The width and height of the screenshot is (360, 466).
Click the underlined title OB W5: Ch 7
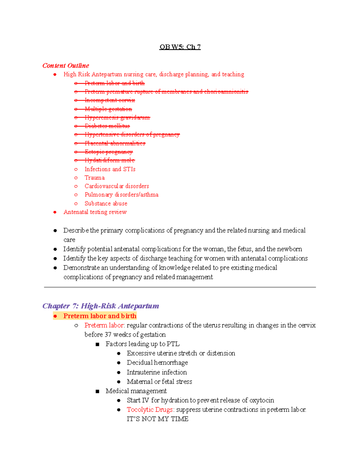point(180,47)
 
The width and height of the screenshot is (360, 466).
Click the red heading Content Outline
point(66,65)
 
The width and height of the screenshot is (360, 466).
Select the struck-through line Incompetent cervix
point(109,100)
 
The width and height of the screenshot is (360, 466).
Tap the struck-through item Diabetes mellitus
point(107,126)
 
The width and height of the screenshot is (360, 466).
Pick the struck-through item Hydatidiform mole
point(109,161)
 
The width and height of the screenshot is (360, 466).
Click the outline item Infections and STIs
point(110,169)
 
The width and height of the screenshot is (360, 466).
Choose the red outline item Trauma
point(94,178)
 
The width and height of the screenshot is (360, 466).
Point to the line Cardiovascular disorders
point(117,186)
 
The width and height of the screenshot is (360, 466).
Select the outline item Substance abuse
point(106,203)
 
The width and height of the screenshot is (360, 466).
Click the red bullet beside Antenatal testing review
point(55,212)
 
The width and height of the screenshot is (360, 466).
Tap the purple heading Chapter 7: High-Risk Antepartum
point(100,306)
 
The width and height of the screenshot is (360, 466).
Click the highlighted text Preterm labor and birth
point(100,316)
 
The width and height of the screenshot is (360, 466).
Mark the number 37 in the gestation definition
point(108,335)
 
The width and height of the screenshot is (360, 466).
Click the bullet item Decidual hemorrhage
point(157,362)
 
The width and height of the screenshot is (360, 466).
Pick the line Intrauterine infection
point(157,372)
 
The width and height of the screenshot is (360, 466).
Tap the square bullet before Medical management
point(97,391)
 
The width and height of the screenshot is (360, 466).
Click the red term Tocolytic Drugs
point(150,410)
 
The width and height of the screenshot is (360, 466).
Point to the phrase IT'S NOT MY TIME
point(157,419)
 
